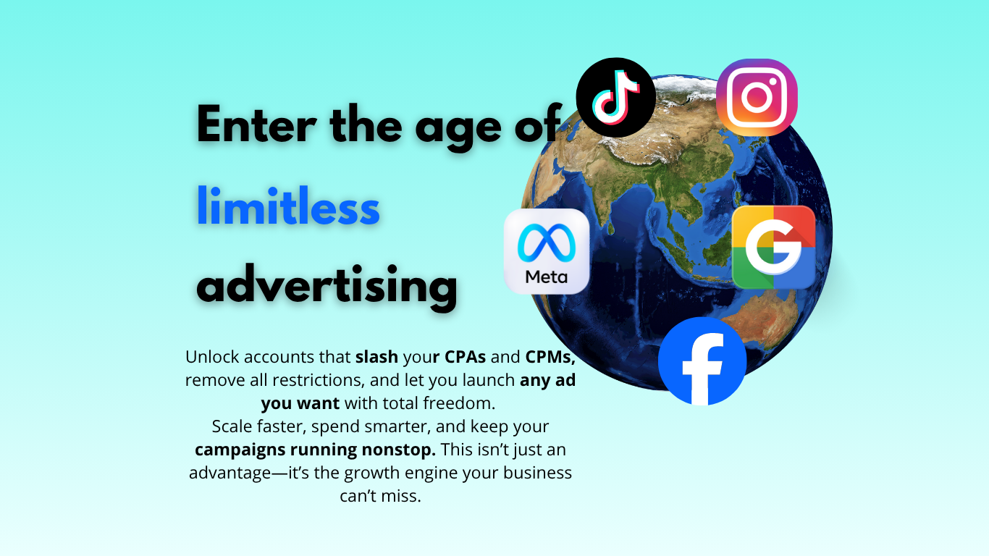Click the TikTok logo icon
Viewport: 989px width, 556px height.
coord(615,97)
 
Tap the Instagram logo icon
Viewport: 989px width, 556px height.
coord(757,97)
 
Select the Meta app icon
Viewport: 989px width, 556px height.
coord(547,251)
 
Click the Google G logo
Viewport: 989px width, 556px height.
coord(773,248)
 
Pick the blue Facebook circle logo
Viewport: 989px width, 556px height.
coord(702,361)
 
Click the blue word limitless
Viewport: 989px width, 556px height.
coord(288,206)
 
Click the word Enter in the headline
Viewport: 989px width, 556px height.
coord(256,124)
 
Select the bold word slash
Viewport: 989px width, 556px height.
coord(376,357)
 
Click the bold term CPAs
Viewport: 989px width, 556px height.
coord(465,357)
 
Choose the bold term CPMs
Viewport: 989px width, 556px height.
coord(550,357)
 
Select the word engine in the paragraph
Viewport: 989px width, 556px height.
coord(431,473)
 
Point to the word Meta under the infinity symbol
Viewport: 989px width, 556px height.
coord(546,277)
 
